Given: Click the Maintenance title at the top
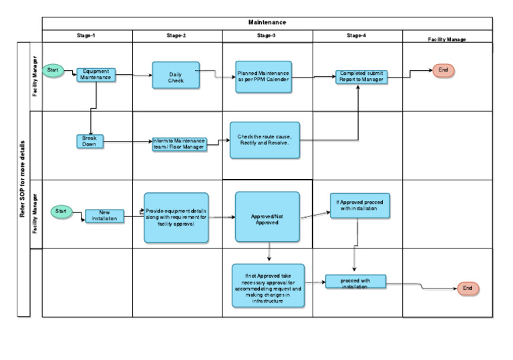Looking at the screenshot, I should (267, 23).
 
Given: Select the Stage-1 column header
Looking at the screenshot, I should (87, 35).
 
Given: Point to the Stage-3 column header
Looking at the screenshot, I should (267, 35).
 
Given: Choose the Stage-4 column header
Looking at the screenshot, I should (357, 35).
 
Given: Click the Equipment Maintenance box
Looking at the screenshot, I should (97, 75).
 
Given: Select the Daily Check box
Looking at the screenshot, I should (176, 75).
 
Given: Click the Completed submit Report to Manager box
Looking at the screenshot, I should (361, 76).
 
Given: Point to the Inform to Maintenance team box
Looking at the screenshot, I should (179, 144).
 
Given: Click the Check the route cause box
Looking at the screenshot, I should (265, 140).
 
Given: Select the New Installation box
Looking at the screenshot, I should (104, 216).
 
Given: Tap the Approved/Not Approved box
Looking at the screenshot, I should (267, 217).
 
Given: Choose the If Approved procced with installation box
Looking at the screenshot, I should (360, 205).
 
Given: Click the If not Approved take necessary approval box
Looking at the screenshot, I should (269, 285).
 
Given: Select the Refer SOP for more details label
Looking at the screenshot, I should (23, 179).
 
